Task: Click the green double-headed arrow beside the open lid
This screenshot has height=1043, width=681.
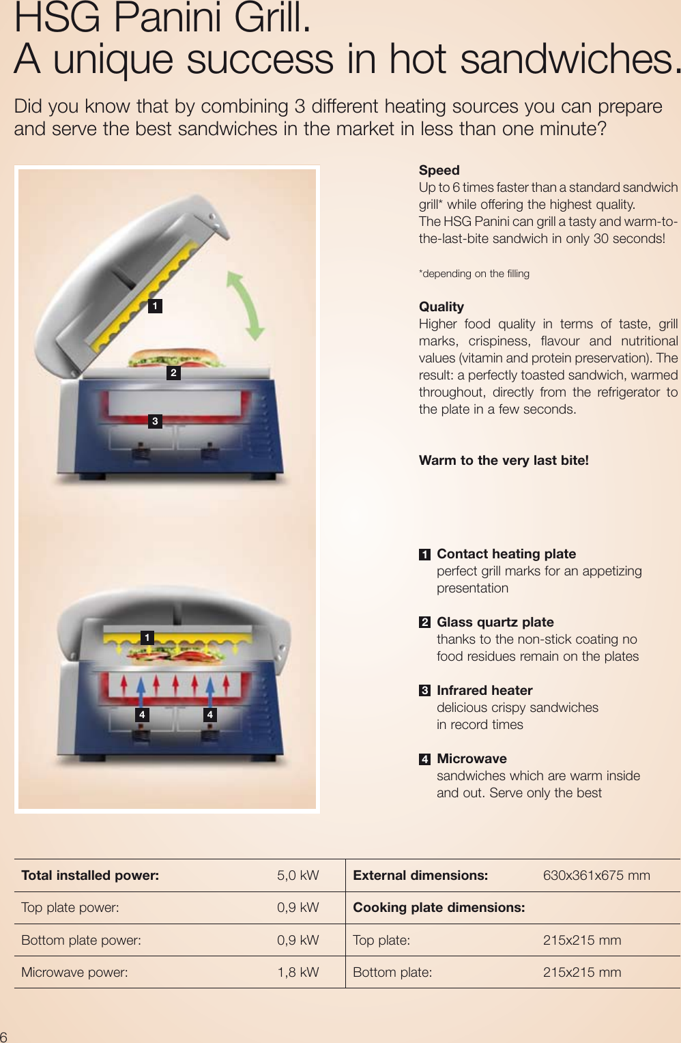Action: coord(245,306)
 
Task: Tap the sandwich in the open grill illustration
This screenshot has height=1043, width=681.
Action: coord(177,357)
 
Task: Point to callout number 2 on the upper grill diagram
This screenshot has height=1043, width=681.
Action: coord(173,373)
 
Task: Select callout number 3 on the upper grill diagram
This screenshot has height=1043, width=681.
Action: coord(155,421)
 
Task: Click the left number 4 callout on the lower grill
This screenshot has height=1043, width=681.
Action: coord(142,715)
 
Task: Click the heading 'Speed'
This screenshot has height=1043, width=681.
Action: coord(439,170)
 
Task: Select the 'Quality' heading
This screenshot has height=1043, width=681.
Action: coord(441,306)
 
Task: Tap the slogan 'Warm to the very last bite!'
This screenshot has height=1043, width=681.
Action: coord(504,460)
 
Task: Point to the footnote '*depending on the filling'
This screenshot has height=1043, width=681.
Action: coord(474,274)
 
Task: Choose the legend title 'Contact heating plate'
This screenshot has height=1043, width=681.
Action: coord(506,554)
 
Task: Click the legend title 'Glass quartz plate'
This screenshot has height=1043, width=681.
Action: coord(495,622)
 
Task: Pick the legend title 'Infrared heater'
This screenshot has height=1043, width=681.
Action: coord(484,690)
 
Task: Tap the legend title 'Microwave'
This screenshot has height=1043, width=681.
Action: coord(472,758)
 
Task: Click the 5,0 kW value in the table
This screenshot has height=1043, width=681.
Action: coord(298,875)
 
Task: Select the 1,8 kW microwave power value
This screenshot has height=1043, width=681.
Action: coord(298,972)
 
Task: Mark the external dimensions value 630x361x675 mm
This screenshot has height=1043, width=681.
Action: coord(596,875)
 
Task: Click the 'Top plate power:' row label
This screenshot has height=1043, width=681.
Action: coord(70,907)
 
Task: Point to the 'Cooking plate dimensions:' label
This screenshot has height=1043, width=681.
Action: coord(439,907)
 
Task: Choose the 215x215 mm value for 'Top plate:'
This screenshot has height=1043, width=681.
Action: coord(581,940)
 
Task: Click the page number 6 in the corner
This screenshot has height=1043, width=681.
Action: coord(4,1036)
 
